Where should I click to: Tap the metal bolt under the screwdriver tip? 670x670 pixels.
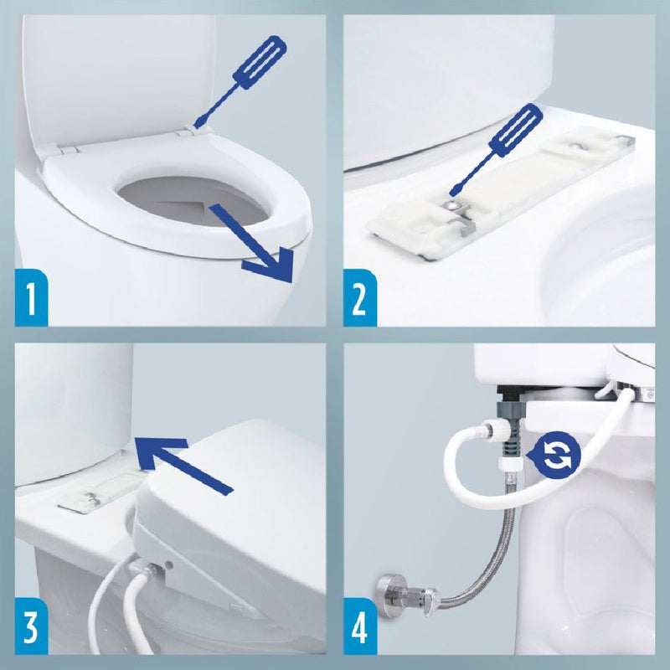point(451,204)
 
